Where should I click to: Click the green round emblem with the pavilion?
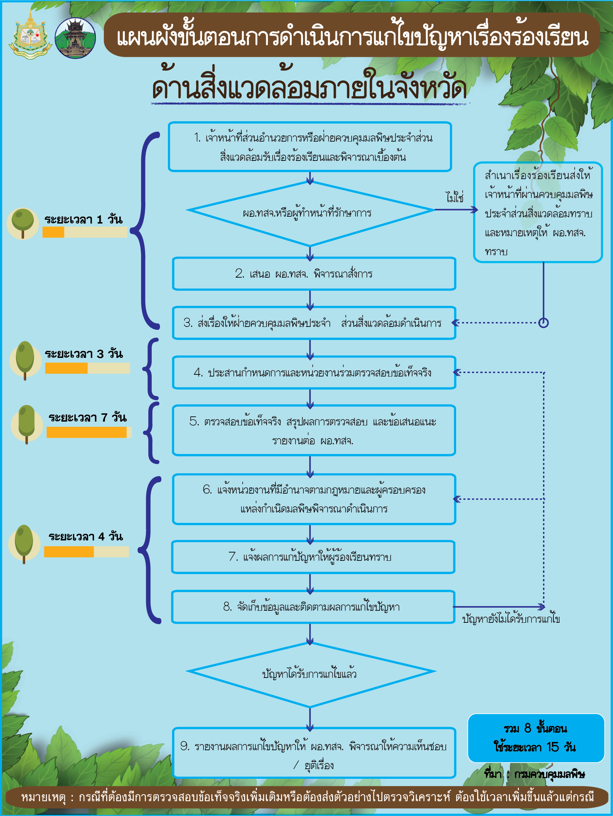click(76, 38)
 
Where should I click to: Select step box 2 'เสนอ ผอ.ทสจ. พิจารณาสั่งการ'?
click(314, 274)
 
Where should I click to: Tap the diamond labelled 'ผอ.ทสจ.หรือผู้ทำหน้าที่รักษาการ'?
click(310, 213)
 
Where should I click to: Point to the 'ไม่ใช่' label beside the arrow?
click(454, 197)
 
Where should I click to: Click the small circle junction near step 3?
click(543, 323)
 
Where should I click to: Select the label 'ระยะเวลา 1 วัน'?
click(83, 219)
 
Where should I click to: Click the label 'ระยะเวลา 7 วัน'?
click(88, 417)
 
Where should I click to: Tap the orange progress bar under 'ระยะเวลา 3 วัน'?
click(67, 368)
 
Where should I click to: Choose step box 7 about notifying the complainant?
click(313, 557)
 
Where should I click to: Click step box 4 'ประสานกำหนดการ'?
click(314, 373)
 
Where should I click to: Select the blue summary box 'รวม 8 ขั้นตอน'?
click(536, 738)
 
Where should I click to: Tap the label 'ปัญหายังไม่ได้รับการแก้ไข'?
click(511, 619)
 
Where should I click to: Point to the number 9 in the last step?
click(185, 746)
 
